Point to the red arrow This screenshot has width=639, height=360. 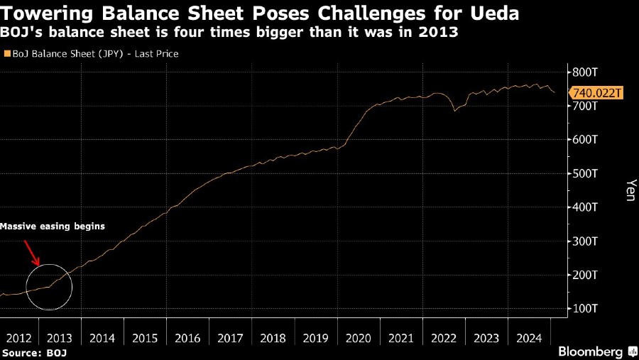coord(32,251)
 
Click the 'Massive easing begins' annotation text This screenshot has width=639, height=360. coord(53,227)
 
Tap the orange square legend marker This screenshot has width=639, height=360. coord(6,53)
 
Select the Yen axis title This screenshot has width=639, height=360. coord(629,190)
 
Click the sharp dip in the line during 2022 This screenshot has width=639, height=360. coord(454,111)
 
